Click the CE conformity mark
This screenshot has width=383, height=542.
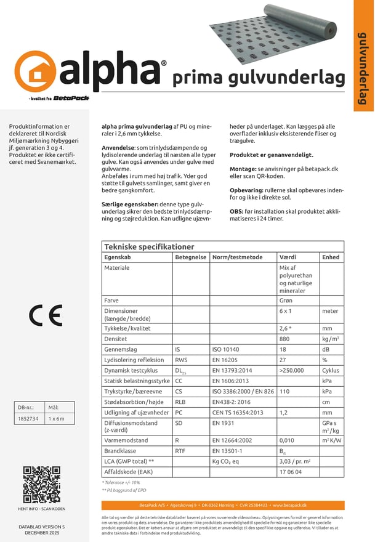click(x=46, y=315)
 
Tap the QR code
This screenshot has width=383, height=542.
click(x=41, y=485)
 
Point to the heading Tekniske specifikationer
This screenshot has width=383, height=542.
click(x=149, y=246)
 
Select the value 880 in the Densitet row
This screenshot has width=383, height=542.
click(x=284, y=339)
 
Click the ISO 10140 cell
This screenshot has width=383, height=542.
click(x=224, y=349)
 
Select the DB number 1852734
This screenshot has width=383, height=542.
click(x=28, y=419)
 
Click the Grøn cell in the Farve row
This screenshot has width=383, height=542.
click(x=286, y=300)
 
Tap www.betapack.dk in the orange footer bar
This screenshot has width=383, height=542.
click(x=292, y=505)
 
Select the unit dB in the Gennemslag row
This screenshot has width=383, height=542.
click(x=326, y=349)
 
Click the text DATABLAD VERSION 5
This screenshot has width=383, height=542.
click(x=41, y=527)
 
